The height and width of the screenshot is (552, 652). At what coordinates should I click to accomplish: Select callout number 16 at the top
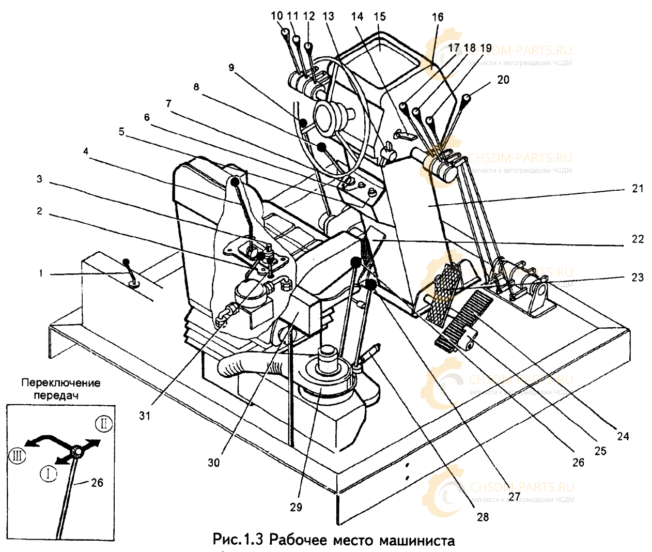[x=437, y=17]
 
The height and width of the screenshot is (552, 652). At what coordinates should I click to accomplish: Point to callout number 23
[x=638, y=277]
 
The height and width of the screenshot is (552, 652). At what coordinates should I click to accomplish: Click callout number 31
[x=145, y=415]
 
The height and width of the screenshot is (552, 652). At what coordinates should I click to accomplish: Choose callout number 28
[x=483, y=516]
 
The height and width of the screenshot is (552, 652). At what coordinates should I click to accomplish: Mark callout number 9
[x=230, y=67]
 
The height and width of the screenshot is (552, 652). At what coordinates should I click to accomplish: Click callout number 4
[x=85, y=152]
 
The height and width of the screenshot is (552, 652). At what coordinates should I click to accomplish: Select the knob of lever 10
[x=285, y=32]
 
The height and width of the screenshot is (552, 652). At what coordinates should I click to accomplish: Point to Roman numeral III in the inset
[x=16, y=456]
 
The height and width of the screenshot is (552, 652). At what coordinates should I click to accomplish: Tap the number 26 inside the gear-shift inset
[x=97, y=483]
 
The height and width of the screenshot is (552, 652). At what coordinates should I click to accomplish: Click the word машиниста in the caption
[x=417, y=541]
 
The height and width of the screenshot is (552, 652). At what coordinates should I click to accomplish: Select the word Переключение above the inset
[x=61, y=384]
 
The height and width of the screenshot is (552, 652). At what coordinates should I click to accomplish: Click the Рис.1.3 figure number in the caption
[x=238, y=541]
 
